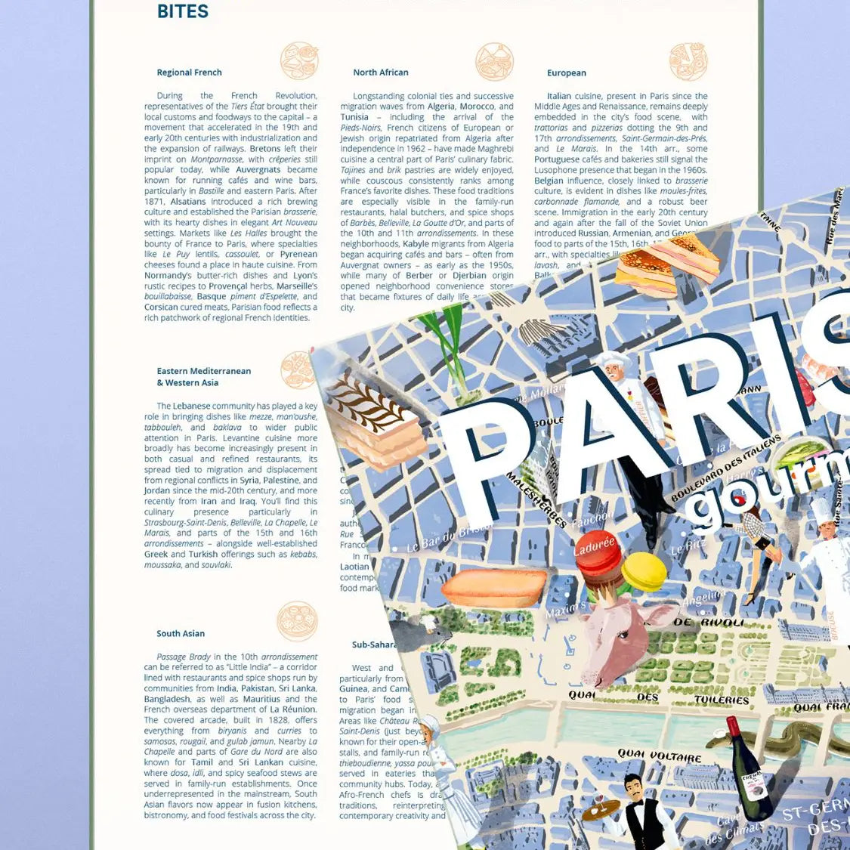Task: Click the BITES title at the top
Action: pyautogui.click(x=182, y=11)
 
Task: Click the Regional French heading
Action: pyautogui.click(x=189, y=73)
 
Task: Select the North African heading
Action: pyautogui.click(x=380, y=73)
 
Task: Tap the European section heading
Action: pyautogui.click(x=566, y=73)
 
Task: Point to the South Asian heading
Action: pyautogui.click(x=181, y=634)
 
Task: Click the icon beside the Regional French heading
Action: pyautogui.click(x=299, y=61)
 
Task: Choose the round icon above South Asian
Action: pyautogui.click(x=297, y=621)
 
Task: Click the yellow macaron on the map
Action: pyautogui.click(x=644, y=571)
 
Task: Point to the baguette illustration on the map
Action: pyautogui.click(x=495, y=588)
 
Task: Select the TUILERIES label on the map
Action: pyautogui.click(x=721, y=700)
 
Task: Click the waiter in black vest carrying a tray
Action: pyautogui.click(x=642, y=812)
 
